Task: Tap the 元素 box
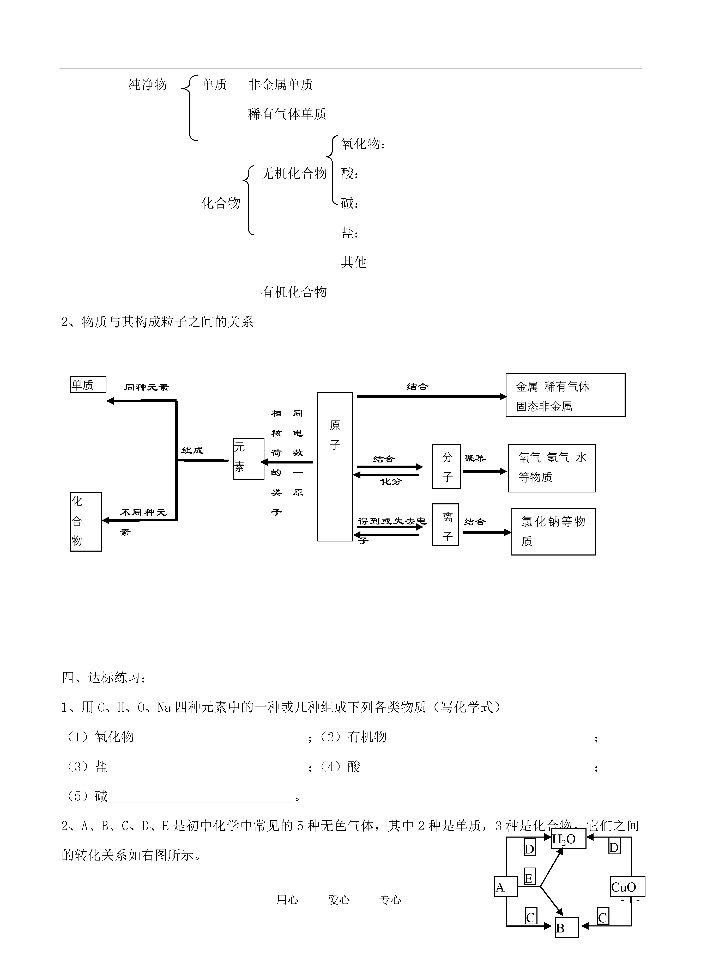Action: point(248,459)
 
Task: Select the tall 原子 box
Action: point(335,467)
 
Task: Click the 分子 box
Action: point(446,466)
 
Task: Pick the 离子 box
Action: point(445,525)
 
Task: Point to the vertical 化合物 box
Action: point(86,522)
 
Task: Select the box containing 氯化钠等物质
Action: point(553,532)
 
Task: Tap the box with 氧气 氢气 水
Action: point(552,468)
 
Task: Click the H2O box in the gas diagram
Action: point(568,839)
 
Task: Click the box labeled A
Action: point(506,886)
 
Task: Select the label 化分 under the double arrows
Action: point(391,481)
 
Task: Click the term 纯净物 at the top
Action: point(148,85)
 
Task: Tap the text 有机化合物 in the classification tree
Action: point(294,292)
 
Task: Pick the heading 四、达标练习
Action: point(104,678)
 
